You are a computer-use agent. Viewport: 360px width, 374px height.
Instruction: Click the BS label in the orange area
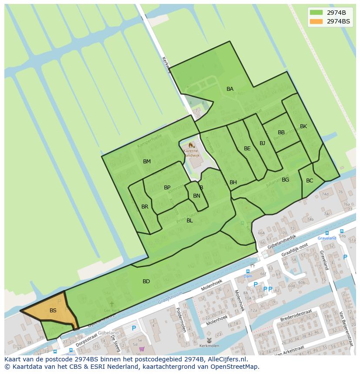[x=53, y=311]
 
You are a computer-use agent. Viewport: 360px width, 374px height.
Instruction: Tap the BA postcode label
[x=230, y=89]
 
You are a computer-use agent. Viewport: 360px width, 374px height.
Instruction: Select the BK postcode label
[x=303, y=126]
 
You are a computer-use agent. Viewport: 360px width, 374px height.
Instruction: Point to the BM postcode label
[x=147, y=162]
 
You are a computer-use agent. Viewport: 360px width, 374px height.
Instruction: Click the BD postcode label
[x=146, y=281]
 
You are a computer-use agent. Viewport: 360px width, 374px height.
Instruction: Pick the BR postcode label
[x=145, y=207]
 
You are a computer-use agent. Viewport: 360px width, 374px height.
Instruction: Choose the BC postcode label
[x=310, y=181]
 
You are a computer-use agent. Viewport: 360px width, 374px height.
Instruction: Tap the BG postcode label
[x=285, y=180]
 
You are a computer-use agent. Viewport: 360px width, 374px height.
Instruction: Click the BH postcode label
[x=233, y=182]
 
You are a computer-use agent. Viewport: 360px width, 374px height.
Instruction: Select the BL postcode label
[x=190, y=221]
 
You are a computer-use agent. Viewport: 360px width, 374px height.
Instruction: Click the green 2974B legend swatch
[x=316, y=12]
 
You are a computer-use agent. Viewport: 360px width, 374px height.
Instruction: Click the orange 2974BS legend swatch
[x=316, y=21]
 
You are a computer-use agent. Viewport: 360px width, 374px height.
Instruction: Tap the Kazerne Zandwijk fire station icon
[x=190, y=145]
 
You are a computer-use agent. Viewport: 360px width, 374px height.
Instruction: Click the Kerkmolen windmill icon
[x=209, y=340]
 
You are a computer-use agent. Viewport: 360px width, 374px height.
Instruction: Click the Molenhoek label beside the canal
[x=211, y=286]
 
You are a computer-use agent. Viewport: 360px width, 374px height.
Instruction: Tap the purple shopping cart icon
[x=141, y=349]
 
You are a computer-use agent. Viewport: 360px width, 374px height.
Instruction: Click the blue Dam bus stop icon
[x=248, y=271]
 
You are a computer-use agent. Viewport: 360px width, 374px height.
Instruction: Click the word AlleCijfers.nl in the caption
[x=227, y=359]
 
